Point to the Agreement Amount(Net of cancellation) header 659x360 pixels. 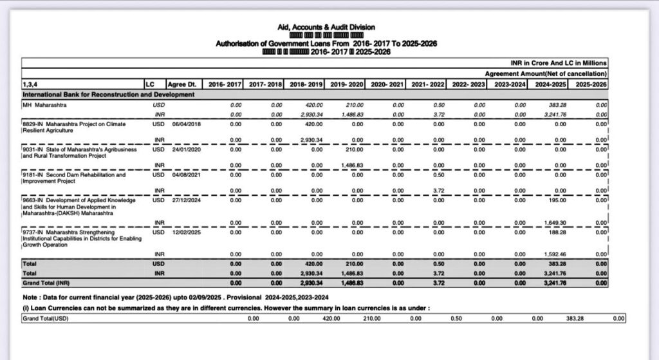coord(546,74)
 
